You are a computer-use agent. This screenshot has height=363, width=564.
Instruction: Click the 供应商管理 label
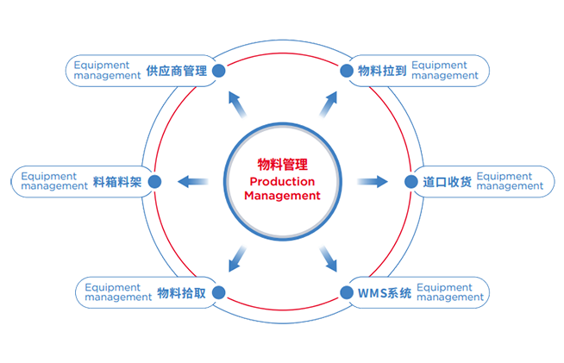point(176,71)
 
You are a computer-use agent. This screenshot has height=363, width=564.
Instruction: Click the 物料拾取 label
point(182,292)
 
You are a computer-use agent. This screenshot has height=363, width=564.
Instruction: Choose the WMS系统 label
point(384,292)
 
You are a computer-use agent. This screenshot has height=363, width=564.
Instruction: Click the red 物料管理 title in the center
point(282,164)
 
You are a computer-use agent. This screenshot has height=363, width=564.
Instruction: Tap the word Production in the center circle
point(282,181)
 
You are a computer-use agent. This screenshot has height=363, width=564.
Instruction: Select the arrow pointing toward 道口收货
point(373,181)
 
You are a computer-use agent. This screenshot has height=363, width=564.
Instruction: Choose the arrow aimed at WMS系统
point(328,257)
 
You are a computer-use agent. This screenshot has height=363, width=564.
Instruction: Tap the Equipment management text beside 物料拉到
point(445,71)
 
